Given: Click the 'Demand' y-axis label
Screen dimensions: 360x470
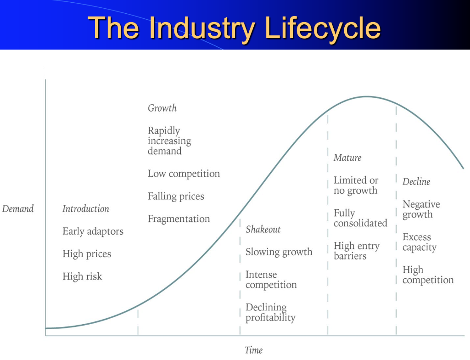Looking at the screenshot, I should click(18, 209).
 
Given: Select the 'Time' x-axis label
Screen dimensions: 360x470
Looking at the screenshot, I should click(253, 350).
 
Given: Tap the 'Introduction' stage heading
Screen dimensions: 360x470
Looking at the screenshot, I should click(86, 209).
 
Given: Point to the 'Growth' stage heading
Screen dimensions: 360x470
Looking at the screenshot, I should click(162, 108).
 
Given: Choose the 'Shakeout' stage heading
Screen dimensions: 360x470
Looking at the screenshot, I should click(263, 230).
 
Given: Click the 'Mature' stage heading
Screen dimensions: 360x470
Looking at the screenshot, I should click(347, 158).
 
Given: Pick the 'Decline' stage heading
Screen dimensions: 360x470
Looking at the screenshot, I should click(416, 182).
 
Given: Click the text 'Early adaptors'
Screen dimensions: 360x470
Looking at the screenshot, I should click(93, 231).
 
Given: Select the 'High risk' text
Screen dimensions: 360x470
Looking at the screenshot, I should click(82, 276).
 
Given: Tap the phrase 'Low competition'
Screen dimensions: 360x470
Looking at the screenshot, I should click(184, 174).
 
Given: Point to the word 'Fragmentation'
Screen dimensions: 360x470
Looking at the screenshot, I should click(179, 219).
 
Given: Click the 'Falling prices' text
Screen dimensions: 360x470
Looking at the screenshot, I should click(176, 197).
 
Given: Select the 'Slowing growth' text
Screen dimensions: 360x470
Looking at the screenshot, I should click(279, 252).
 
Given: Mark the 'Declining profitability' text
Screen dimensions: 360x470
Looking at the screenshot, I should click(270, 312).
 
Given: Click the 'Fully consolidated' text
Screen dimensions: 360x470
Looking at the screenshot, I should click(360, 218).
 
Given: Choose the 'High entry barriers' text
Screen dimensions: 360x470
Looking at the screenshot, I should click(357, 251).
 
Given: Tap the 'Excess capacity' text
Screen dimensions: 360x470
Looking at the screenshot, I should click(420, 242).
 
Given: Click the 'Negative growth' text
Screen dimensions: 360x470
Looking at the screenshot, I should click(421, 209).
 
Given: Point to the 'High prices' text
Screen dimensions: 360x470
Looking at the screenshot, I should click(87, 254).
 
